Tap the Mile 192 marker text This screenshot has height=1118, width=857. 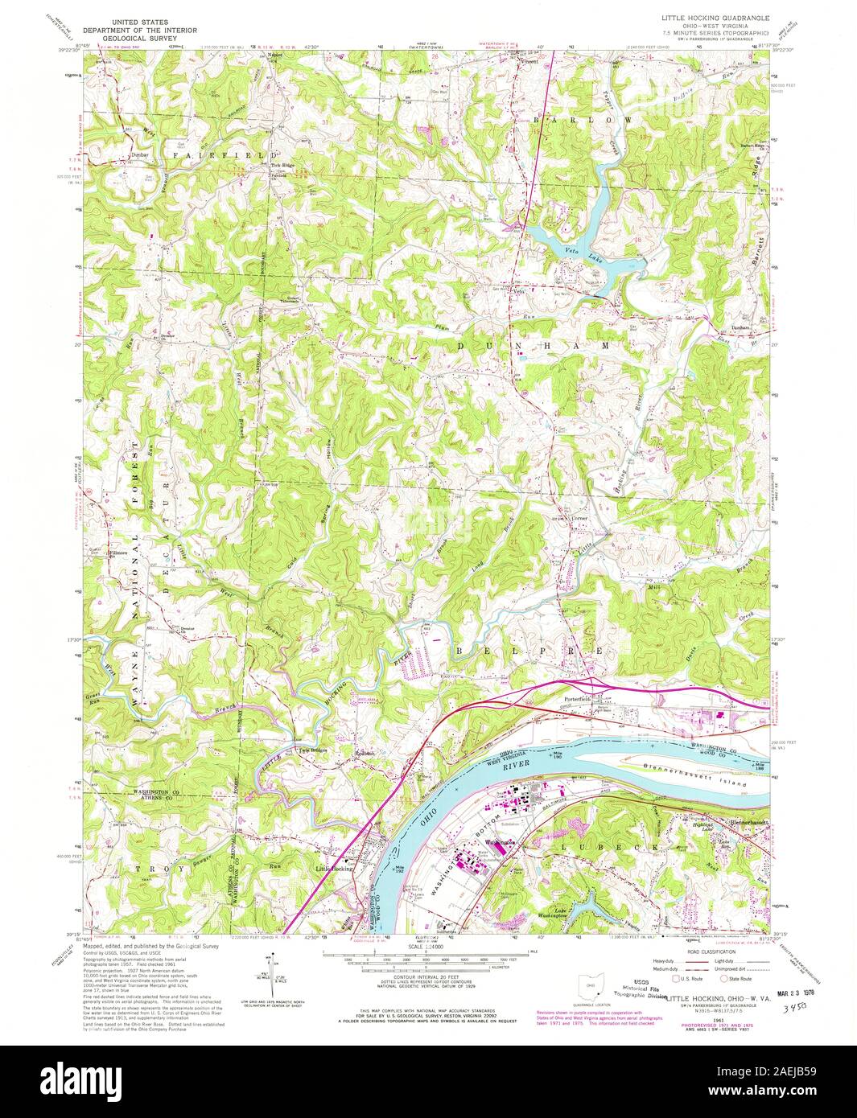[398, 870]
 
